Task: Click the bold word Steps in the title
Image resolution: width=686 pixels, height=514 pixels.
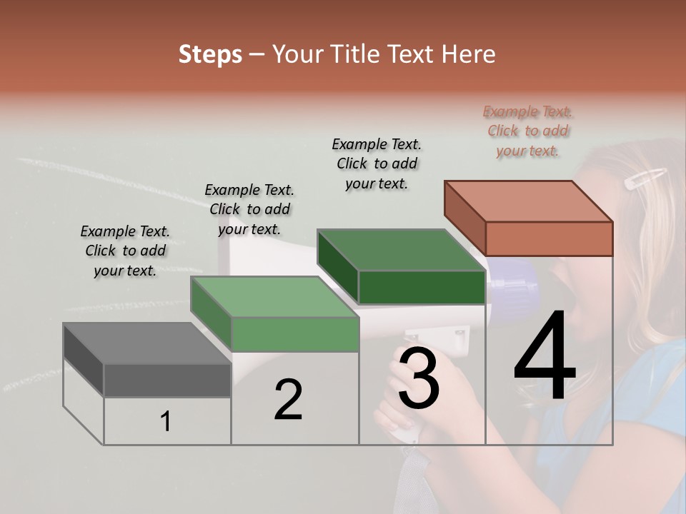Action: coord(210,54)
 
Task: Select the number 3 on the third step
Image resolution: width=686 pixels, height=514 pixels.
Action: coord(419,378)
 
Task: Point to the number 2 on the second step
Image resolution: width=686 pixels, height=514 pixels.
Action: coord(288,400)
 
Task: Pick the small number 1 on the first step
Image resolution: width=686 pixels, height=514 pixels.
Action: coord(166,422)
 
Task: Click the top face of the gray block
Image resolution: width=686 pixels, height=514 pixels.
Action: coord(146,343)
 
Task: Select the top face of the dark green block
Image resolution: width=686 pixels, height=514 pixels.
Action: coord(401,250)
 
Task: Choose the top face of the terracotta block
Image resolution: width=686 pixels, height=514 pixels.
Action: coord(529,201)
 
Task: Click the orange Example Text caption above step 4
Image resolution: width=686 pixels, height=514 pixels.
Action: coord(528,131)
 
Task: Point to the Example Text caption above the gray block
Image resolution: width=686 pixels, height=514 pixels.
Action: coord(125,251)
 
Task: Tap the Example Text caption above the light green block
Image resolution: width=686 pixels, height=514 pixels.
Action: coord(249,210)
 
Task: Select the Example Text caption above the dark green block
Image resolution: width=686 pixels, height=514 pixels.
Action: coord(377,164)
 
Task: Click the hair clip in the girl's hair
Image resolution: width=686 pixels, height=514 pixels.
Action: coord(645,178)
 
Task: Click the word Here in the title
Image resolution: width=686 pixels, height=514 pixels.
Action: coord(468,54)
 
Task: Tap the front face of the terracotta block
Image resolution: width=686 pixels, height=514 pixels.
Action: coord(549,238)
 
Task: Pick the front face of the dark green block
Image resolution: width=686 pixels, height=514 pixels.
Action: coord(422,287)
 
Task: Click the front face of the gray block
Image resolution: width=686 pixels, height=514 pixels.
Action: coord(167,380)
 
